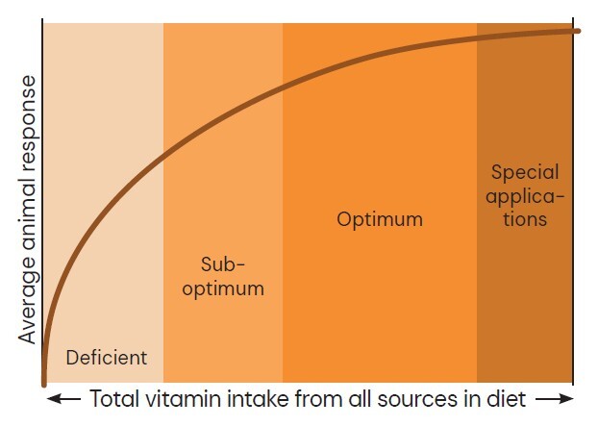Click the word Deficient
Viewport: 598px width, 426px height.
[106, 358]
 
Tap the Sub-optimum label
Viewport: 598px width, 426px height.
[224, 275]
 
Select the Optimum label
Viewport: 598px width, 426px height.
[380, 219]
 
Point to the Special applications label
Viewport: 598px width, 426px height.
[525, 196]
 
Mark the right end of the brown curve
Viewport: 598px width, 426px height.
[578, 30]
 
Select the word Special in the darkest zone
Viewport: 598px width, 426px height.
[525, 173]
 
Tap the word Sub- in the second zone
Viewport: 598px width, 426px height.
[224, 263]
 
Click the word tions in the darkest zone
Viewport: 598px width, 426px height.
[525, 219]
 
